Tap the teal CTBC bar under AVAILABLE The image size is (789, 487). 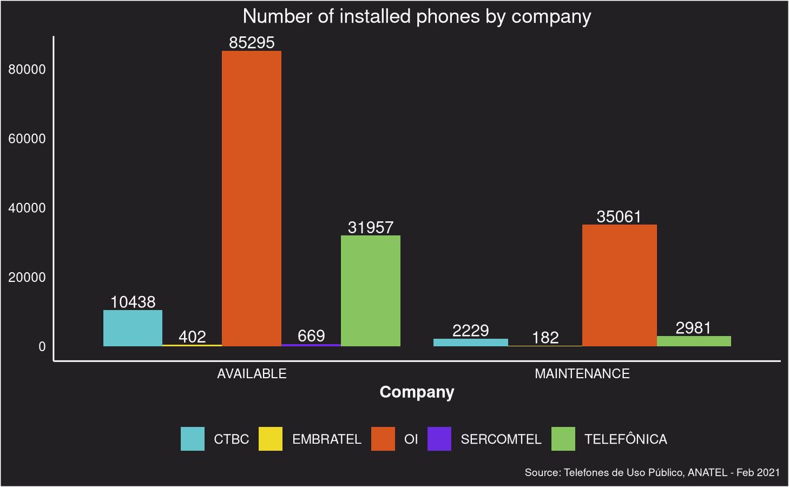[133, 328]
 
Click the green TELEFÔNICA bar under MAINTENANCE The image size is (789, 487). [694, 341]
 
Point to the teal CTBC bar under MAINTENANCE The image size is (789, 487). [471, 342]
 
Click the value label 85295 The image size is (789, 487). [252, 42]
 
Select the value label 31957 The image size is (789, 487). [371, 227]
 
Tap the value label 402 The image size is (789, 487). [192, 337]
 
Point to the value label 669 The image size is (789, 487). [311, 335]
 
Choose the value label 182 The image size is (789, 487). [545, 338]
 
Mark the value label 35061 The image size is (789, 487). [619, 216]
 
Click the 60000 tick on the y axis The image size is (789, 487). [27, 139]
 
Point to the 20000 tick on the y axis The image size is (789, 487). [27, 277]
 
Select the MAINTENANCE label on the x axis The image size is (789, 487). [582, 373]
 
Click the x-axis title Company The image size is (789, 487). [417, 392]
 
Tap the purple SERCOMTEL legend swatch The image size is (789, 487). [439, 439]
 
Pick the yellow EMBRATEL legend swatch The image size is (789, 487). [270, 439]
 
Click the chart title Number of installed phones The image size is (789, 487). [417, 16]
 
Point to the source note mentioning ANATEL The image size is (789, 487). [652, 472]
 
